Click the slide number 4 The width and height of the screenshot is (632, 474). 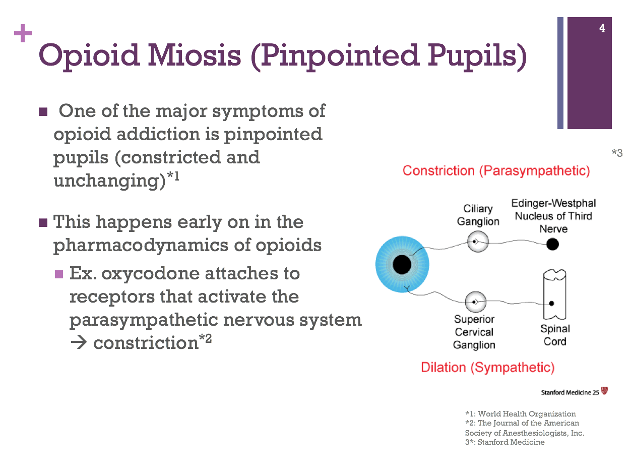coord(602,29)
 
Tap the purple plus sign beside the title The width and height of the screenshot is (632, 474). coord(23,34)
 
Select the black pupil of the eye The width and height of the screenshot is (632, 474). coord(402,264)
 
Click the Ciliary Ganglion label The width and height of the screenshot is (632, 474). coord(478,215)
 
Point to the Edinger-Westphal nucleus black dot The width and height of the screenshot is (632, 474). coord(553,245)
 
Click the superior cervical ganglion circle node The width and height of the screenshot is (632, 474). coord(475,302)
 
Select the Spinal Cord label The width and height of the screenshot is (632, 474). coord(555,335)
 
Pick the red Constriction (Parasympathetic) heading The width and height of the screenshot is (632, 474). coord(496,171)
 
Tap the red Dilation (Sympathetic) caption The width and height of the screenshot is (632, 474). coord(487,367)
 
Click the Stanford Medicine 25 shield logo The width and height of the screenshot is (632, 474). coord(604,391)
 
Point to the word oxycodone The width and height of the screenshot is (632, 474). coord(149,274)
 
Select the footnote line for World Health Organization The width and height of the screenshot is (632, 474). coord(520,414)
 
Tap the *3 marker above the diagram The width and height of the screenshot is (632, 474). coord(617,153)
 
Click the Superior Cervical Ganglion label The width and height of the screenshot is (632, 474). coord(474,332)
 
